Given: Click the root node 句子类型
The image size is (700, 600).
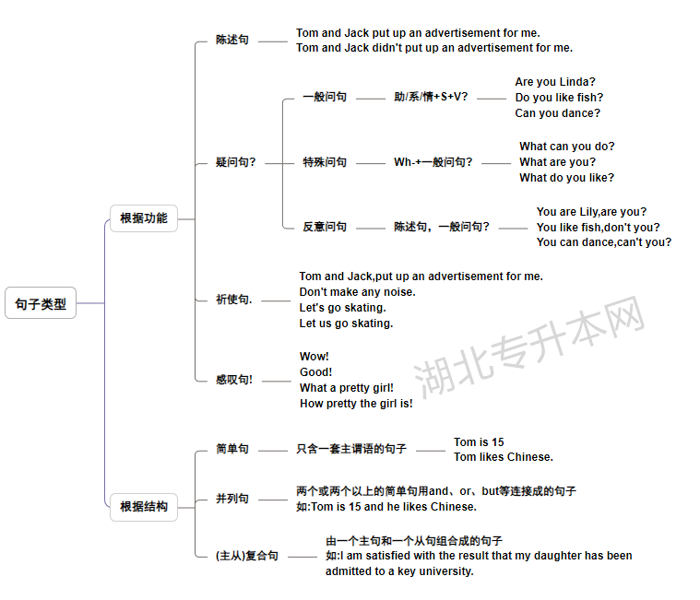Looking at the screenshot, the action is pos(41,303).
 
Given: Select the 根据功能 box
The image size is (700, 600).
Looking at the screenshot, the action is pos(144,218).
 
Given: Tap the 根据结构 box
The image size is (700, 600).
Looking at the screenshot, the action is pos(144,507).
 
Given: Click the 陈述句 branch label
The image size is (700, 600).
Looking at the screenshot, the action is pos(232,40).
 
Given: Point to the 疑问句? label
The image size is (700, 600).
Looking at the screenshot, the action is pos(236,162).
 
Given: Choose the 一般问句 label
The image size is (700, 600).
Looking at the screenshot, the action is pos(325,97).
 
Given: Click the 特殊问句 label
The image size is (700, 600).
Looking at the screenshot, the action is pos(325,162).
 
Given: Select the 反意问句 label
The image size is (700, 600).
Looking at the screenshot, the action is pos(325,227).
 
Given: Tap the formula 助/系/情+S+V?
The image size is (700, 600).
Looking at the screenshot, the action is pos(431,97).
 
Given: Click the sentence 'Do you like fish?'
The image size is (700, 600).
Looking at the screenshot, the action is pos(559,98).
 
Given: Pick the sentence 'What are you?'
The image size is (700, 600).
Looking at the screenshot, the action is pos(558,162).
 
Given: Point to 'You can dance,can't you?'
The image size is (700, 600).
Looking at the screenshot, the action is pos(604,242).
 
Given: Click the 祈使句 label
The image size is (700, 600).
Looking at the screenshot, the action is pos(234,300).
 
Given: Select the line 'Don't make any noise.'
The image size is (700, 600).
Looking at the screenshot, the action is pos(358,292).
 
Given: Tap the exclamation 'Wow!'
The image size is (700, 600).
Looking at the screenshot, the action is pos(314,357).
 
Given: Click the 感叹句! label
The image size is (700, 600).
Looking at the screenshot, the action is pos(234,380).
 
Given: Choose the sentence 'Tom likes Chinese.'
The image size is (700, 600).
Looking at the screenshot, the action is pos(504,457).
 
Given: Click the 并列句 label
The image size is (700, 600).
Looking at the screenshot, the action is pos(232,499).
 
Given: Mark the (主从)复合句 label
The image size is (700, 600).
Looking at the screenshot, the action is pos(247,556).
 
